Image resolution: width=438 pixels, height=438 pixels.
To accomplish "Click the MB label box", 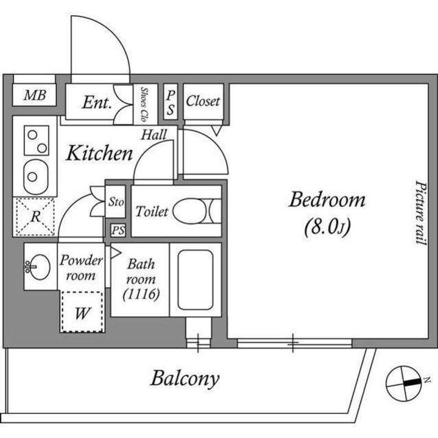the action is pyautogui.click(x=34, y=95).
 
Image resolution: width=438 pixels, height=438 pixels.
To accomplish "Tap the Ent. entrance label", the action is pyautogui.click(x=97, y=103).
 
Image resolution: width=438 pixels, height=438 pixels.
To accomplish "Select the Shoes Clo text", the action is pyautogui.click(x=144, y=104).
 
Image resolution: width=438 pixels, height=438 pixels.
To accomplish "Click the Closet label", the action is pyautogui.click(x=203, y=101).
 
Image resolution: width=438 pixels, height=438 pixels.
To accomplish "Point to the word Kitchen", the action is pyautogui.click(x=99, y=153).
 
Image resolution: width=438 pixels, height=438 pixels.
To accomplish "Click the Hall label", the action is pyautogui.click(x=154, y=135).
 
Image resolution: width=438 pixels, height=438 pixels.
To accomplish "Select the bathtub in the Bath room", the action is pyautogui.click(x=196, y=280).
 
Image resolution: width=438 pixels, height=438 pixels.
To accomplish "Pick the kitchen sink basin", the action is pyautogui.click(x=36, y=177).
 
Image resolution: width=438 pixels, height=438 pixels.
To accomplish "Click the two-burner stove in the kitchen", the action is pyautogui.click(x=37, y=141).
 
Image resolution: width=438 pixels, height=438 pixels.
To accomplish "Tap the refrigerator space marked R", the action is pyautogui.click(x=35, y=217).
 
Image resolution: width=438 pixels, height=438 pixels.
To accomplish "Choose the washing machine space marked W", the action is pyautogui.click(x=82, y=311).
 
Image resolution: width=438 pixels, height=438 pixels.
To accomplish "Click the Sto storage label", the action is pyautogui.click(x=116, y=201).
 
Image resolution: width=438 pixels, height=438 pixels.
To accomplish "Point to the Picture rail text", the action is pyautogui.click(x=421, y=214).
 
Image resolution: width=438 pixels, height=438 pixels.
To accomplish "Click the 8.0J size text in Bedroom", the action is pyautogui.click(x=328, y=228).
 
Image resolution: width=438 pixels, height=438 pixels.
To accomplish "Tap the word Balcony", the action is pyautogui.click(x=185, y=379).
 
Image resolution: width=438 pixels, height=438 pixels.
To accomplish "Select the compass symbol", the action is pyautogui.click(x=404, y=383).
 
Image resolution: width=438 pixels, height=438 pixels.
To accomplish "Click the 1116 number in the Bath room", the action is pyautogui.click(x=141, y=294).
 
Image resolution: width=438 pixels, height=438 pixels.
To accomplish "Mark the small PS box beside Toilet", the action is pyautogui.click(x=118, y=231).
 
